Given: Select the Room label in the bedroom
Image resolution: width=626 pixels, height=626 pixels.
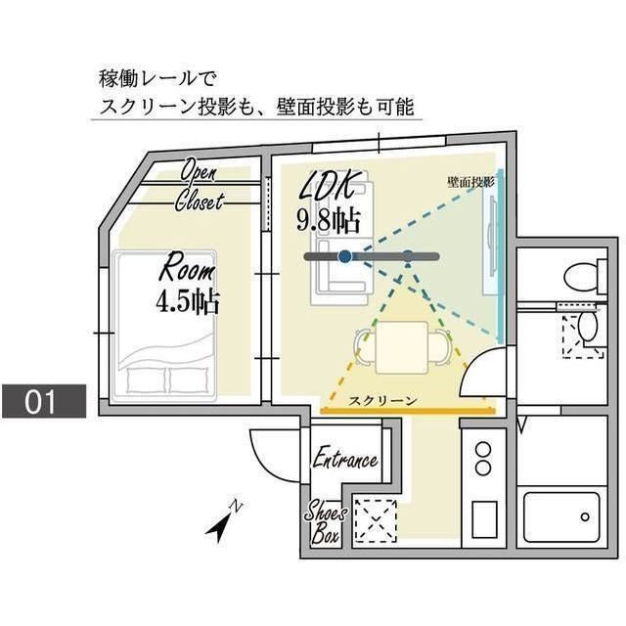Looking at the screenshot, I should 187,265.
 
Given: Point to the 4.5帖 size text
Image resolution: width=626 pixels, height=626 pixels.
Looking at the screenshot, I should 186,299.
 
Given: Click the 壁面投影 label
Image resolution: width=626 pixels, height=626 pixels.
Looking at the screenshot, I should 470,182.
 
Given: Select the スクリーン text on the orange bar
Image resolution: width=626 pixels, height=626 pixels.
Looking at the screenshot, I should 383,401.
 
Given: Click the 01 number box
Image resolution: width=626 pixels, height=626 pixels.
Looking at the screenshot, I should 44,401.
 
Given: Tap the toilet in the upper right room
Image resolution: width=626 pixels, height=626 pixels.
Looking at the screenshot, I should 581,275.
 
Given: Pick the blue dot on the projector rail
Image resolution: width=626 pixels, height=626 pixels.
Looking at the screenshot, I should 344,256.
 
